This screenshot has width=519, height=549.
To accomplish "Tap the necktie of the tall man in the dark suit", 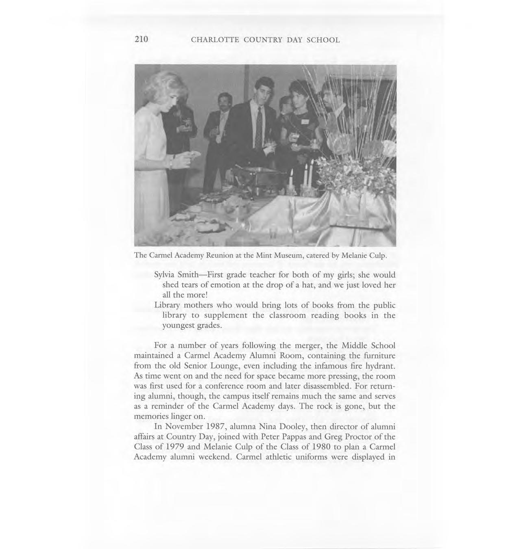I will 259,126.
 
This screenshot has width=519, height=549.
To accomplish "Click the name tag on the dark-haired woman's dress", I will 305,122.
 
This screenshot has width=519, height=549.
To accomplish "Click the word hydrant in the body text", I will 382,366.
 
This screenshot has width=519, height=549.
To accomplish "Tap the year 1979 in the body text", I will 173,447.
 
